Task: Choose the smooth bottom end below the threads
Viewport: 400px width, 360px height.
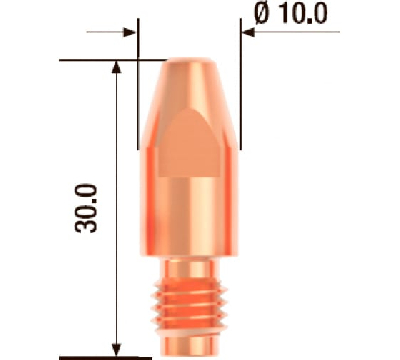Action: (189, 344)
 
